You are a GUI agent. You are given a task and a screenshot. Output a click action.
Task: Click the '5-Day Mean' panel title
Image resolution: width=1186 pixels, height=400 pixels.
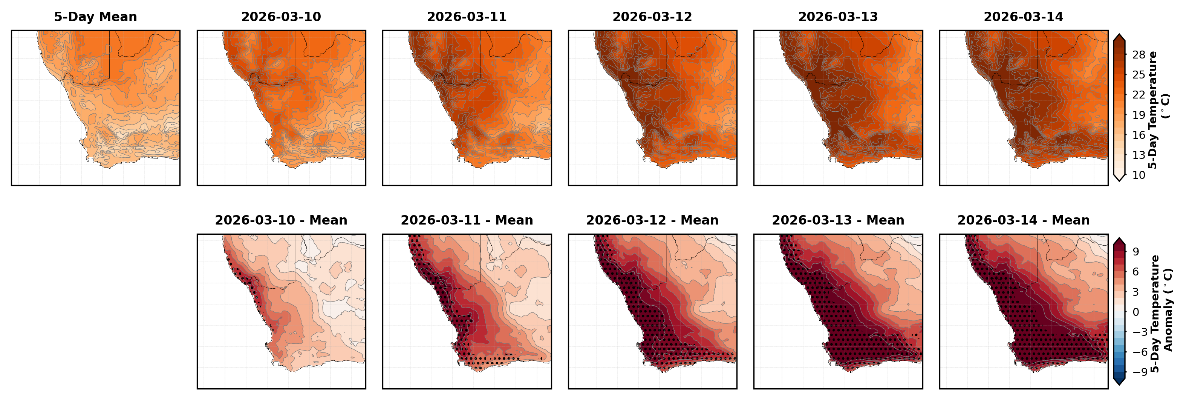(x=95, y=17)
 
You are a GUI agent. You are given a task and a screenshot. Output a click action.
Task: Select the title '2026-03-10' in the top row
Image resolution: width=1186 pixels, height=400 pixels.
(x=281, y=17)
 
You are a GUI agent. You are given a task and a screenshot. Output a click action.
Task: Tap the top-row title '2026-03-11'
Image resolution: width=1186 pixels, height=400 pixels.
(x=467, y=17)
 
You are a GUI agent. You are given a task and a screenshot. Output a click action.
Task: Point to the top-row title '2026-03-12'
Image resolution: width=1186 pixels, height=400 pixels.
(x=652, y=17)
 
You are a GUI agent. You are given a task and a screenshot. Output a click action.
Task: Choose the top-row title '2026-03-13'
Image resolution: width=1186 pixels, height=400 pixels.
(x=838, y=17)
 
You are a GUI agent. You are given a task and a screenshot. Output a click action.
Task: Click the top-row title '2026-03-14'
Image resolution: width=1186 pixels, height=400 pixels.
(x=1024, y=17)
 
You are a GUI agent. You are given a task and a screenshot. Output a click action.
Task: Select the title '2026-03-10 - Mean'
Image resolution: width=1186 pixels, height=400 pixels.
(x=281, y=220)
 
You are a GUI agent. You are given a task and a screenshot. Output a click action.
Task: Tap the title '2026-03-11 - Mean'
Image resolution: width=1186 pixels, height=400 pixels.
(x=467, y=220)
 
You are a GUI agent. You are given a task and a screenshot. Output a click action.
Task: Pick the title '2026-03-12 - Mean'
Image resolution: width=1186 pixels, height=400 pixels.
(x=652, y=220)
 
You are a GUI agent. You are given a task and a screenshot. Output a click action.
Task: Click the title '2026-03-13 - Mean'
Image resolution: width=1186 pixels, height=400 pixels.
(x=838, y=220)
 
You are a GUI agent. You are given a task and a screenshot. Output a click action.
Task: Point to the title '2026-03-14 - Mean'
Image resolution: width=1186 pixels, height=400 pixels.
(x=1024, y=220)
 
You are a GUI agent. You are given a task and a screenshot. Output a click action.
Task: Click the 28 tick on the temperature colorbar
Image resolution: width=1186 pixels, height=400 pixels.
(x=1139, y=55)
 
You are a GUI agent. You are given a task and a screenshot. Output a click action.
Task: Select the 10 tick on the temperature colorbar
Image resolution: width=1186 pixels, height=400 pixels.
(x=1139, y=175)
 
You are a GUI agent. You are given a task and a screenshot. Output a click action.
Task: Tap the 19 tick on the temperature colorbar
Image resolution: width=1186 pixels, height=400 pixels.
(x=1139, y=115)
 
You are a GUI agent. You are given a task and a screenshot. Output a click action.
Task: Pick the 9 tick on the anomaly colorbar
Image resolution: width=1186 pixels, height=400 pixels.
(x=1136, y=252)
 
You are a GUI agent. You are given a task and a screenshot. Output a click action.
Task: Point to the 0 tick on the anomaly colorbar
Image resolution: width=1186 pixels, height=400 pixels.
(x=1136, y=312)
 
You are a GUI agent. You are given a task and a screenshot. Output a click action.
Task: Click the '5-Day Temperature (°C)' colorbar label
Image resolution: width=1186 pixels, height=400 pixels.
(x=1158, y=110)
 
